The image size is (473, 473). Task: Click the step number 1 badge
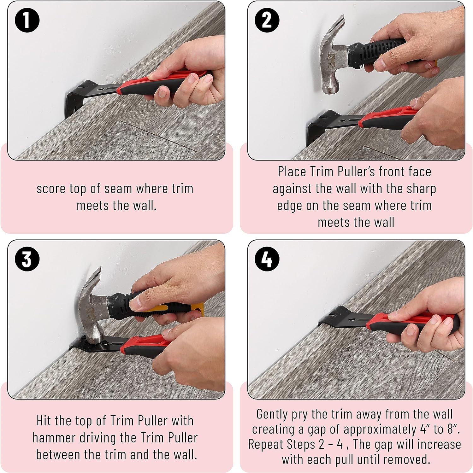tap(27, 20)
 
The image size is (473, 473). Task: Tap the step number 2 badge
tap(267, 20)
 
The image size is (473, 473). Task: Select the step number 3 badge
tap(27, 259)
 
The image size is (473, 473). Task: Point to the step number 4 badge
tap(267, 259)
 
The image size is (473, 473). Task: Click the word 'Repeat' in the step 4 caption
tap(266, 444)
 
